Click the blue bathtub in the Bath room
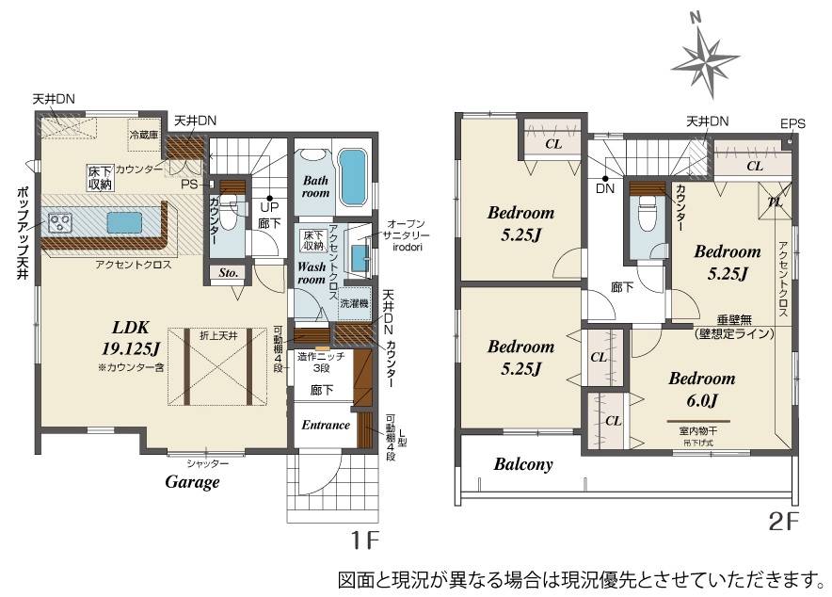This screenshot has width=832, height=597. (352, 177)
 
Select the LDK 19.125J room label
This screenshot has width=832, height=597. (131, 337)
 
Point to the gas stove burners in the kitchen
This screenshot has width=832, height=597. (60, 222)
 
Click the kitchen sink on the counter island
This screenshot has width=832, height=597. (124, 222)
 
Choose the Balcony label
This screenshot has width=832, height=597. (523, 464)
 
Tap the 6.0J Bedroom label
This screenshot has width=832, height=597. (701, 389)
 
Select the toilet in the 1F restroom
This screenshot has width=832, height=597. (229, 212)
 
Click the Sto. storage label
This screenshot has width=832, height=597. (228, 273)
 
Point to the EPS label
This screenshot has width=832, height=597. (792, 123)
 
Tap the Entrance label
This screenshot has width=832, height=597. (326, 425)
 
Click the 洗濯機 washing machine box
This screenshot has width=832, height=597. (355, 303)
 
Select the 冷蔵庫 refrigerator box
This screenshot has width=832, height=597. (144, 135)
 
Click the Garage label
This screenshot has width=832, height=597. (192, 482)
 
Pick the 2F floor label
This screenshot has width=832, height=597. (784, 522)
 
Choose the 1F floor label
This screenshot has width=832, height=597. (364, 541)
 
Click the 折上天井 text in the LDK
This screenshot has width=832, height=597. (218, 336)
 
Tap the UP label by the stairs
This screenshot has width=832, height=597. (269, 207)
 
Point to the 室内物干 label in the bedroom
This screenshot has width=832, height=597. (698, 431)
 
